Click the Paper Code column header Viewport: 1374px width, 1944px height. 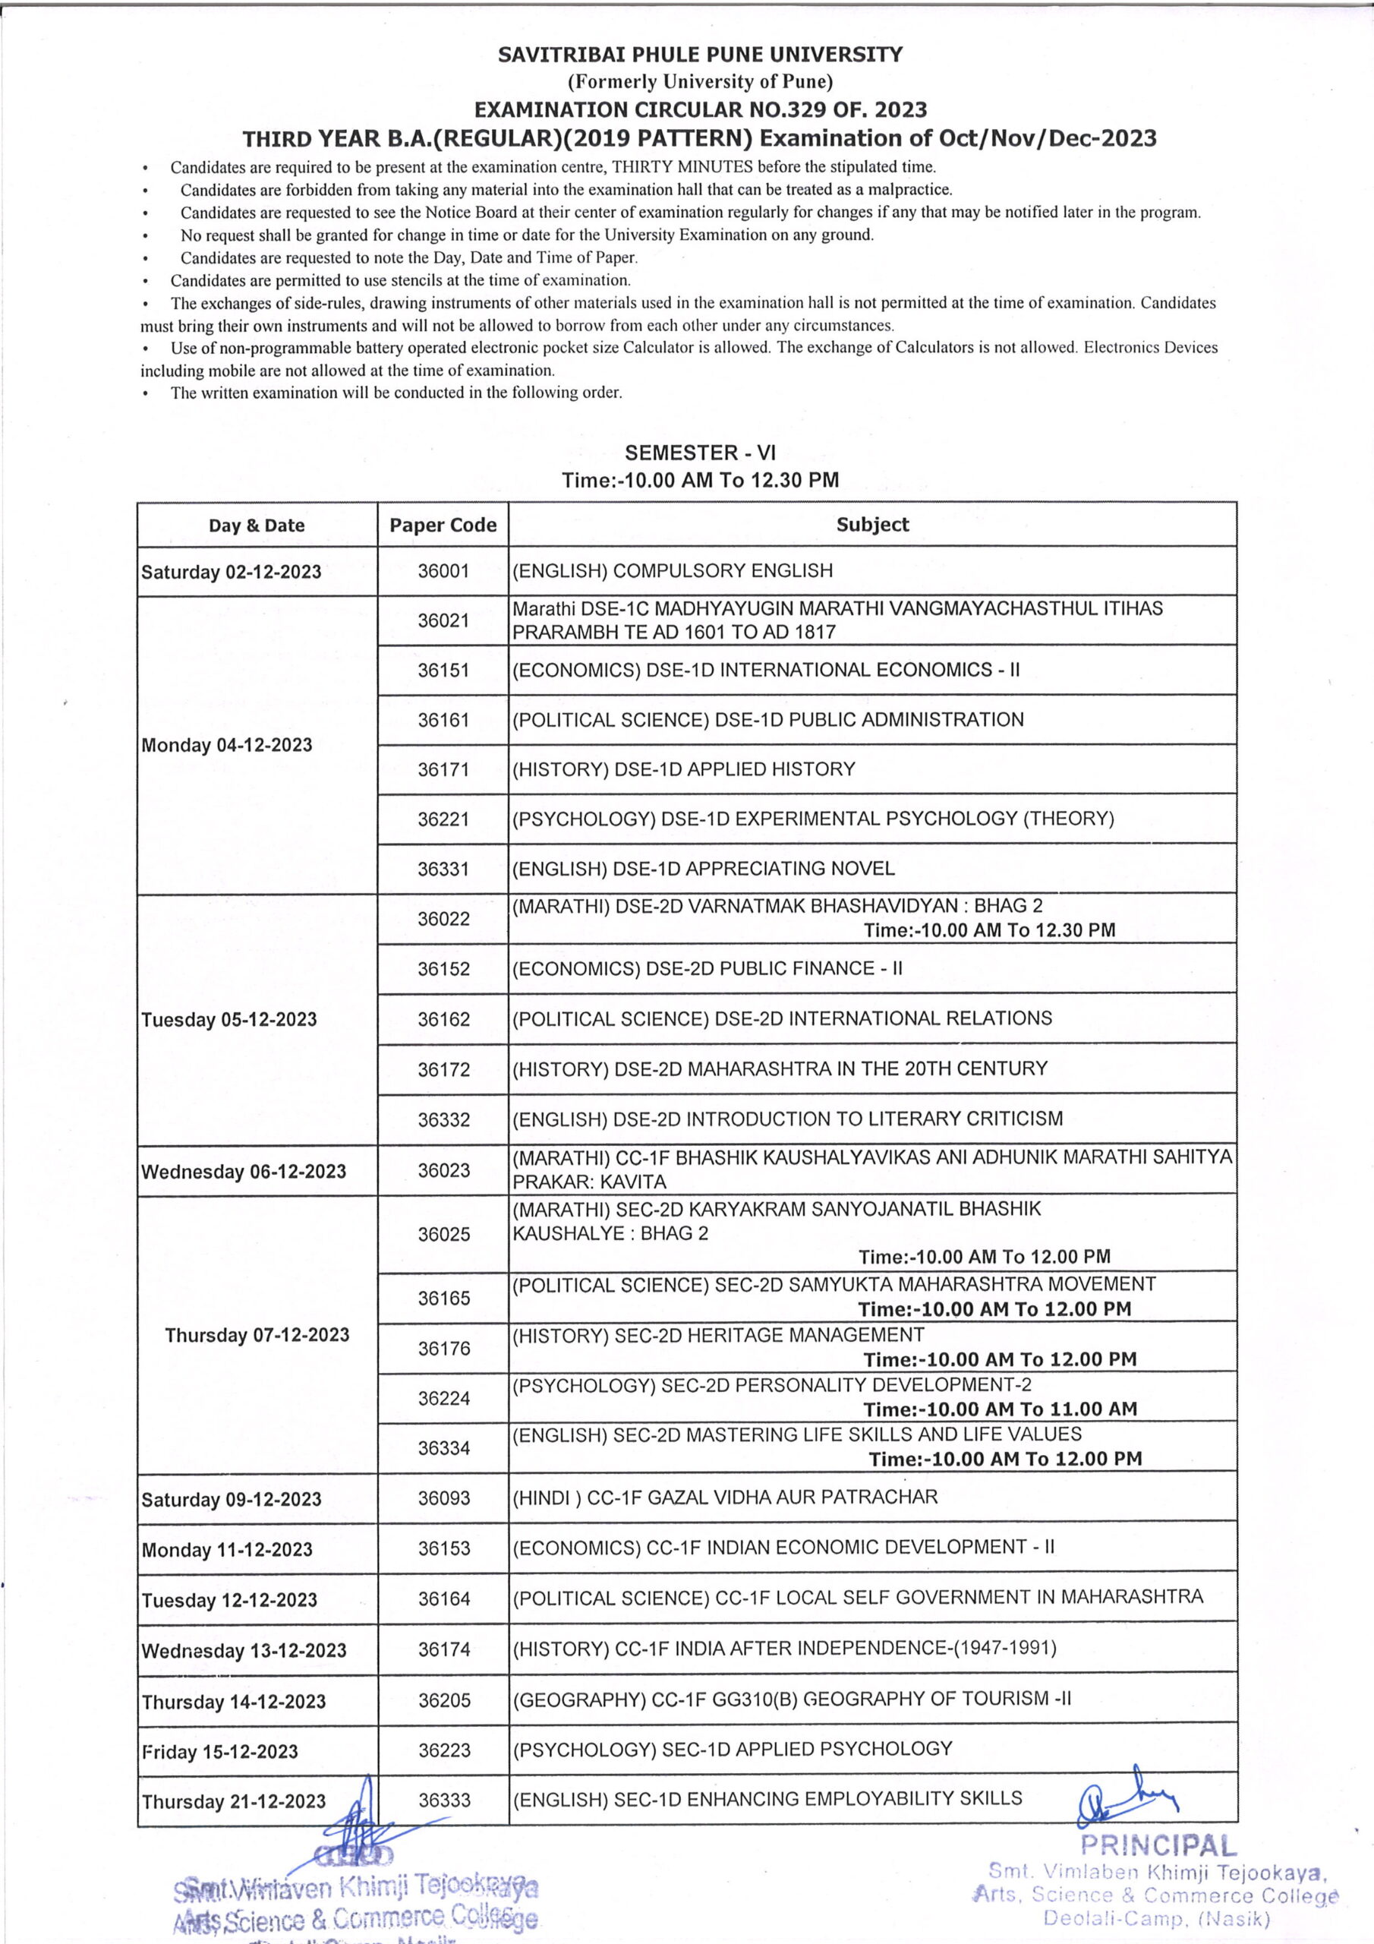(x=443, y=525)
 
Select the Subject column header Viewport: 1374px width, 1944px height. (x=872, y=524)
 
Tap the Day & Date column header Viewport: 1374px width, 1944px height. (x=257, y=525)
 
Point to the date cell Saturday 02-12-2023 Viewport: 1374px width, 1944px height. (x=231, y=573)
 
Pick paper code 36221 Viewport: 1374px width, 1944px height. (x=443, y=819)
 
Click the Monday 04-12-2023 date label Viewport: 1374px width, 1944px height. (x=227, y=745)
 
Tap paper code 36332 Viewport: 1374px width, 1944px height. (x=443, y=1119)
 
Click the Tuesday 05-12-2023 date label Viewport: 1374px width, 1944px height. (x=228, y=1019)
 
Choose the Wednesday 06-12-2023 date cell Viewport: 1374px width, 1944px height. (x=244, y=1172)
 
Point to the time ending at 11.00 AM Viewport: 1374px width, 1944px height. (x=1000, y=1409)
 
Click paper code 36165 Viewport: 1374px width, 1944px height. (x=443, y=1298)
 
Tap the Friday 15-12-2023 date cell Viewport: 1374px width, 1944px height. (x=220, y=1752)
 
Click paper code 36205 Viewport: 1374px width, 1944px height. (x=443, y=1700)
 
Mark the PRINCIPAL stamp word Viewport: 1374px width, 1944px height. (x=1158, y=1845)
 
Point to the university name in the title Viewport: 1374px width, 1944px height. (x=700, y=55)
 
